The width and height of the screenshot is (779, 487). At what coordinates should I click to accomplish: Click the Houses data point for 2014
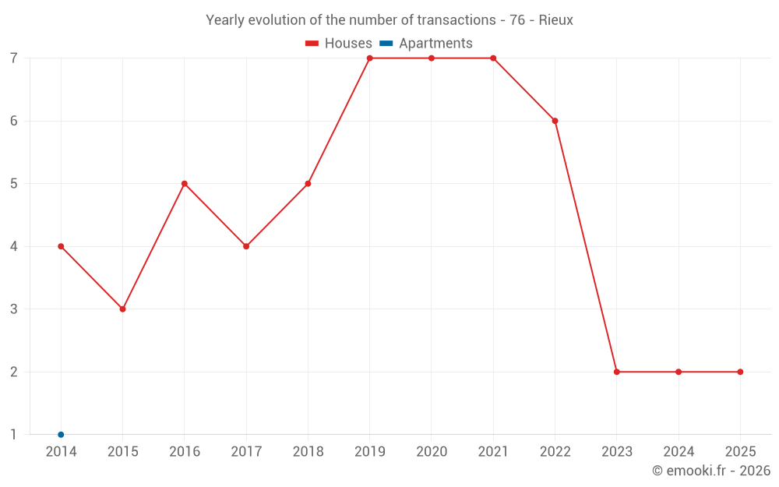coord(61,246)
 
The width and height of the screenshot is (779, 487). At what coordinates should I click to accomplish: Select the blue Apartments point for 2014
coord(61,434)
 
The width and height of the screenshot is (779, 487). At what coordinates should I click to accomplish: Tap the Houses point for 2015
coord(122,309)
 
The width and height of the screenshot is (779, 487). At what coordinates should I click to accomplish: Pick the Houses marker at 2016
coord(185,184)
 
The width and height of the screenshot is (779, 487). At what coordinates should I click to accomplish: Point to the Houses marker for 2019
coord(370,58)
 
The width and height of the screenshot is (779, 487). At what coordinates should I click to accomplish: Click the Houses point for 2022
coord(555,121)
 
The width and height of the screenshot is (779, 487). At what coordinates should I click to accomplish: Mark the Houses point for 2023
coord(617,372)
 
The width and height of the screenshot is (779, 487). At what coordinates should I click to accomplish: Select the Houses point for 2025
coord(740,372)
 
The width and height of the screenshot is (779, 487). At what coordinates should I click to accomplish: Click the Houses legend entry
coord(339,44)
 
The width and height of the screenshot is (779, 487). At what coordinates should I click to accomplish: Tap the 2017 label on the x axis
coord(246,451)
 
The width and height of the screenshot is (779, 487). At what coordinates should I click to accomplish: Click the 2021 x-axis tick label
coord(493,451)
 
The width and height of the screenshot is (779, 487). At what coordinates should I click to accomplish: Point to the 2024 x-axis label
coord(679,451)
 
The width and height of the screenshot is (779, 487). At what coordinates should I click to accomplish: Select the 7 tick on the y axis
coord(14,58)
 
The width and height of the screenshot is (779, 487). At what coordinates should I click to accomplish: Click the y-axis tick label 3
coord(14,309)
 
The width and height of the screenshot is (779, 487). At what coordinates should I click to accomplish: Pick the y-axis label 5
coord(14,184)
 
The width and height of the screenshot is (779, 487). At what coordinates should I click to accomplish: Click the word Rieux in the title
coord(556,20)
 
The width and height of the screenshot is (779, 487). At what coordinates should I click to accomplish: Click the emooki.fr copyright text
coord(711,471)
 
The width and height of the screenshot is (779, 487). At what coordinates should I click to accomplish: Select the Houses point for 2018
coord(308,184)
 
